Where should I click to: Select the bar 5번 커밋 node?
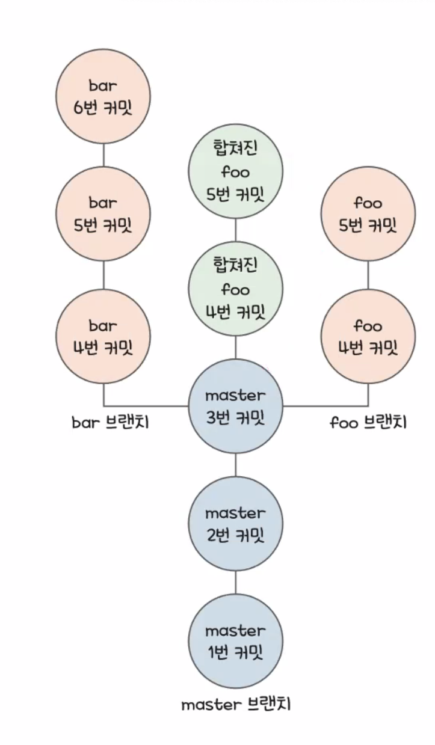coord(103,215)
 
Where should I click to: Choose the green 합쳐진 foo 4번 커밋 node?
coord(235,289)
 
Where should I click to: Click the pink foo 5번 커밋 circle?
coord(368,215)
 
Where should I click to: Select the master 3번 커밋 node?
coord(235,406)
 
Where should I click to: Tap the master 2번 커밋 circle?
coord(235,524)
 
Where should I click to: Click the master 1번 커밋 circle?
coord(235,641)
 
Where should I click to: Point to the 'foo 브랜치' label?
coord(368,423)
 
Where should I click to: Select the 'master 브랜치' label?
coord(236,704)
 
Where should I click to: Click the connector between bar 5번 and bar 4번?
coord(103,275)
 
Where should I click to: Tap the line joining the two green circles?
coord(235,230)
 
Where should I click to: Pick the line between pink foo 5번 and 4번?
coord(368,275)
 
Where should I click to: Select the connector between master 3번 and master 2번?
coord(235,465)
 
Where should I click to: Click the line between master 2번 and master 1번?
coord(235,582)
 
